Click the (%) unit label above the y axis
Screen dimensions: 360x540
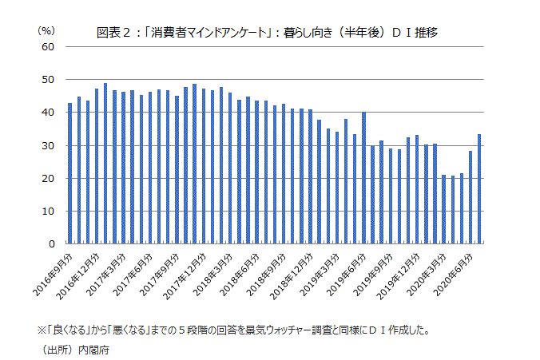tap(46, 30)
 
